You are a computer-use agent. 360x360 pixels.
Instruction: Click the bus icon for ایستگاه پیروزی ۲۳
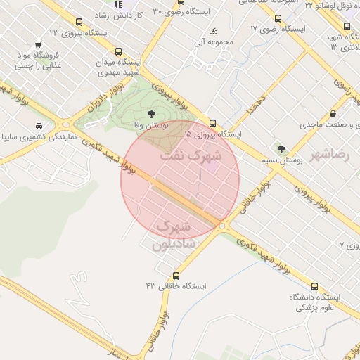coord(78,22)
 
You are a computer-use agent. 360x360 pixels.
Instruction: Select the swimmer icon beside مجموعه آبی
coord(213,31)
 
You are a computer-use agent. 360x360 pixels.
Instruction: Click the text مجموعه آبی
coord(220,42)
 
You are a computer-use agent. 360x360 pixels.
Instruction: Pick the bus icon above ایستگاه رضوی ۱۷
coord(278,19)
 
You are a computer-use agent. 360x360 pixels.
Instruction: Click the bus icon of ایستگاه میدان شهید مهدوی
coord(117,51)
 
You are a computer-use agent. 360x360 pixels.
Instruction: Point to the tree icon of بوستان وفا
coord(150,112)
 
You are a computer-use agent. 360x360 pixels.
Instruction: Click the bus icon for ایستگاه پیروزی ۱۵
coord(213,122)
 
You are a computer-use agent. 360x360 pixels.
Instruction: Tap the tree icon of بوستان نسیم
coord(282,149)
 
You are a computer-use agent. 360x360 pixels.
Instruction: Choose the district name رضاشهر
coord(347,153)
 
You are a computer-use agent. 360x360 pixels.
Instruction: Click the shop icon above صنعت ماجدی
coord(333,113)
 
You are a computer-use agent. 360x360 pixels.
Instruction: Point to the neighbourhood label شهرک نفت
coord(190,155)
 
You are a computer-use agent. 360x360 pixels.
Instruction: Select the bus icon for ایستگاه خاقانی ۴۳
coord(176,275)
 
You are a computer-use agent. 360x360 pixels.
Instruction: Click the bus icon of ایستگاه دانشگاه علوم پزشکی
coord(314,286)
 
